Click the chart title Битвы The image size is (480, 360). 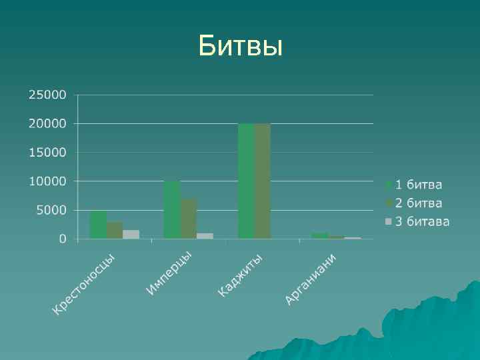pyautogui.click(x=240, y=47)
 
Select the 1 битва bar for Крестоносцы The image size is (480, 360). pyautogui.click(x=99, y=225)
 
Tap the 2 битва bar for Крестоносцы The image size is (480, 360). pyautogui.click(x=115, y=230)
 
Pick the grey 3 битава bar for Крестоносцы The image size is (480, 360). pyautogui.click(x=131, y=234)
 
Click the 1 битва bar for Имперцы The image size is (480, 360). pyautogui.click(x=172, y=210)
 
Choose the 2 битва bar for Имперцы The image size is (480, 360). pyautogui.click(x=189, y=218)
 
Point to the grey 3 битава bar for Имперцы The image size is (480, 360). pyautogui.click(x=205, y=235)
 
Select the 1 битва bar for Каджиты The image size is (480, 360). pyautogui.click(x=246, y=181)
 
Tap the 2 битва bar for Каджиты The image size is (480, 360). pyautogui.click(x=263, y=181)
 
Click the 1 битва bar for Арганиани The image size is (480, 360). pyautogui.click(x=319, y=235)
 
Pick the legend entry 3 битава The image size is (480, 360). pyautogui.click(x=417, y=221)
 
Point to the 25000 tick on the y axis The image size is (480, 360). pyautogui.click(x=47, y=95)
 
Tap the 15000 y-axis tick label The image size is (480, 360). pyautogui.click(x=47, y=152)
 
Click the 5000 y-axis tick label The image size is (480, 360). pyautogui.click(x=51, y=210)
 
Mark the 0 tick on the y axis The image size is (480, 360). pyautogui.click(x=63, y=239)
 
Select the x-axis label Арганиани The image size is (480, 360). pyautogui.click(x=310, y=279)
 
